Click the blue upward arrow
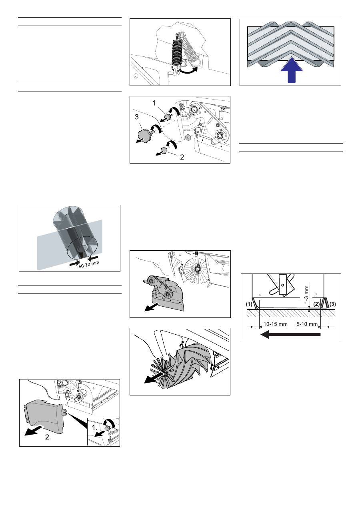(292, 70)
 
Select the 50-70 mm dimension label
(89, 264)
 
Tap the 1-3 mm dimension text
(306, 295)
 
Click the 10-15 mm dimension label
(275, 324)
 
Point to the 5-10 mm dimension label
(307, 324)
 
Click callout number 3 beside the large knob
(136, 117)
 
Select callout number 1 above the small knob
(154, 103)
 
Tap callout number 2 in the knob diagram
(182, 157)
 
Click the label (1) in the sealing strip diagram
(249, 304)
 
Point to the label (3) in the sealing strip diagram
(332, 304)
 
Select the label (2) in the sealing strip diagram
(316, 304)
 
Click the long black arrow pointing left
(290, 335)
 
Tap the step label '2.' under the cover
(48, 437)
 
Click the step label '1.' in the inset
(95, 427)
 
